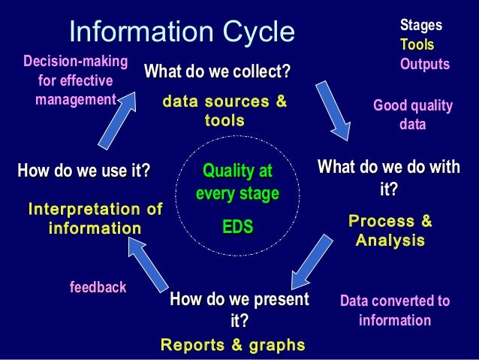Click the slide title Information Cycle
[x=182, y=32]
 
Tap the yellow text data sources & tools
[x=224, y=110]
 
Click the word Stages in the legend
[x=421, y=26]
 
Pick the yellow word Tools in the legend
[x=416, y=46]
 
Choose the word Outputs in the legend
[x=425, y=65]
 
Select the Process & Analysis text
[x=390, y=231]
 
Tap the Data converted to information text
[x=395, y=310]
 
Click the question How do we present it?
[x=239, y=310]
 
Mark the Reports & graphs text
[x=233, y=345]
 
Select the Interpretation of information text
[x=95, y=218]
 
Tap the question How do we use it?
[x=83, y=171]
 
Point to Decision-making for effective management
[x=75, y=80]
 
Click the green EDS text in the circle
[x=237, y=226]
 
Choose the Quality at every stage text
[x=237, y=182]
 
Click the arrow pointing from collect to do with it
[x=332, y=108]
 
